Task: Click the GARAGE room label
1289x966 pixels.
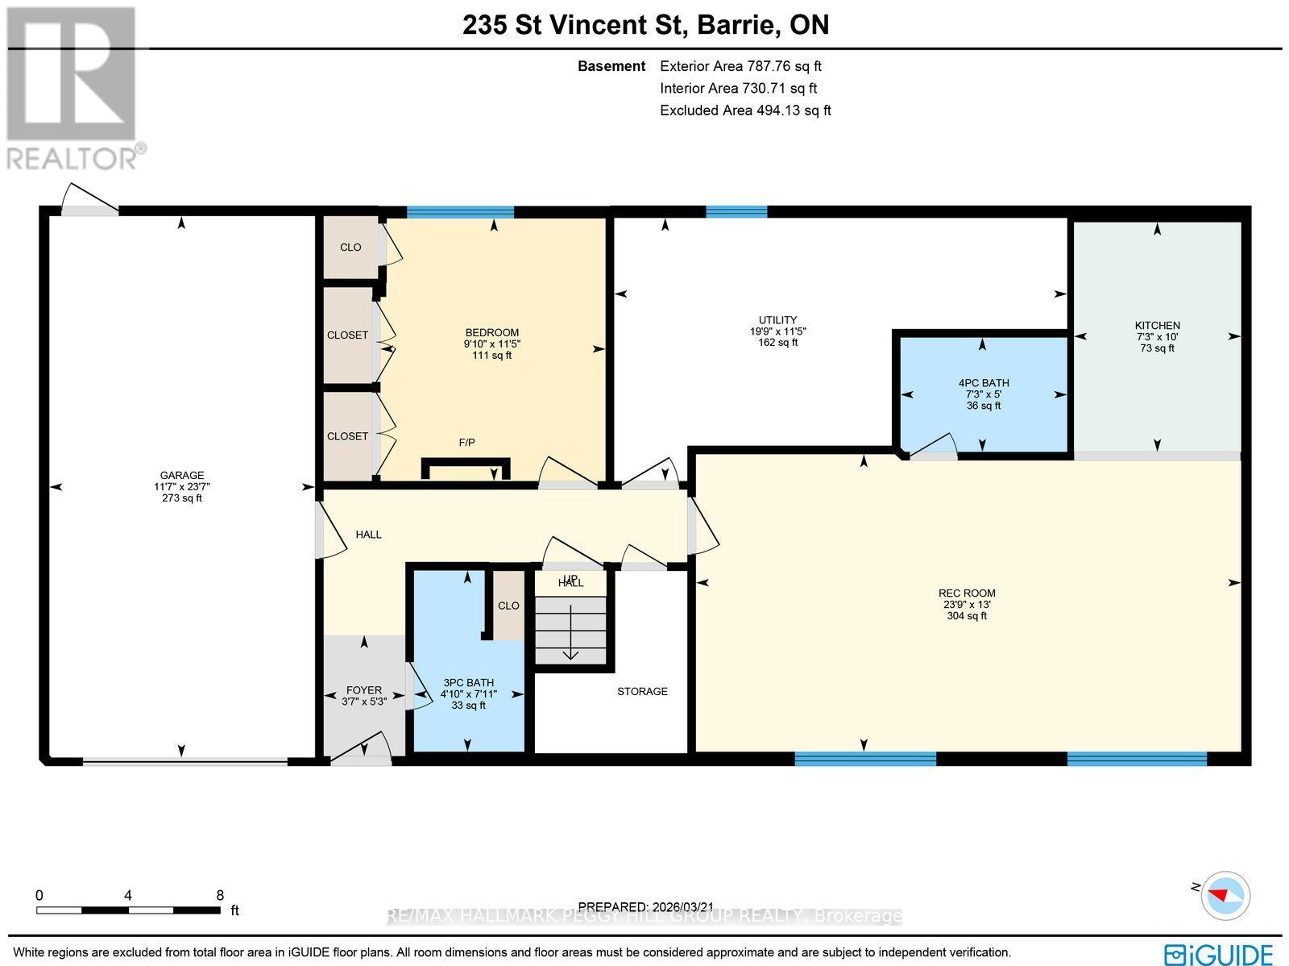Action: [x=181, y=475]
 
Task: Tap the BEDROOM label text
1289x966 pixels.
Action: [x=491, y=332]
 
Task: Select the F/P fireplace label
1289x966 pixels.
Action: [x=466, y=442]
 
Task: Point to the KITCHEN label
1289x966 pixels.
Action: [x=1157, y=325]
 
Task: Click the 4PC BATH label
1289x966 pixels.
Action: [x=983, y=383]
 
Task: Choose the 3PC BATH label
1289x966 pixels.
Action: [x=468, y=682]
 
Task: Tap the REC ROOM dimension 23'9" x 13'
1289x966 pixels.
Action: [x=967, y=604]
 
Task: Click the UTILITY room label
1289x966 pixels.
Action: [x=777, y=319]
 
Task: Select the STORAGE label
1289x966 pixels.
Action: [x=642, y=691]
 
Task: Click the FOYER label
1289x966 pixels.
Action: [x=363, y=689]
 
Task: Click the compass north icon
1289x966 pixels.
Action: [x=1224, y=895]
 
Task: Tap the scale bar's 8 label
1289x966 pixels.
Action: [x=220, y=895]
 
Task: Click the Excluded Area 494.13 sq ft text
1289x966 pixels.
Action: [x=744, y=110]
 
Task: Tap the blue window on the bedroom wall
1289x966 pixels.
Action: [x=460, y=212]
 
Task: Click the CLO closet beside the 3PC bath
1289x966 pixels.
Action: [x=508, y=606]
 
